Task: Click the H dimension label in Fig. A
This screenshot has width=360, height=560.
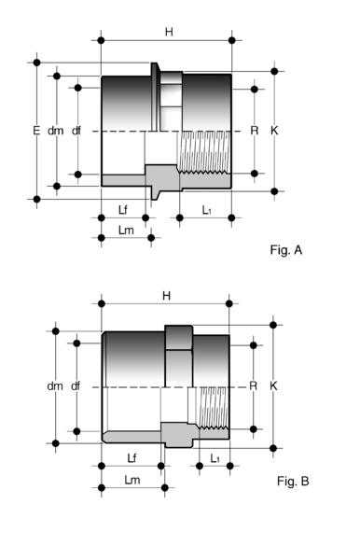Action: click(x=169, y=32)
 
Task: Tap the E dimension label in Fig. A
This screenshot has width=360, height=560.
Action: click(x=36, y=131)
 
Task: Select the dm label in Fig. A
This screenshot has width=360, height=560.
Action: click(x=55, y=131)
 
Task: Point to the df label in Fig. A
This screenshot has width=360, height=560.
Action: click(x=76, y=131)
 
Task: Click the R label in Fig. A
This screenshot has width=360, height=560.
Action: click(x=254, y=131)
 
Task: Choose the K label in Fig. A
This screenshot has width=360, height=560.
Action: click(x=274, y=131)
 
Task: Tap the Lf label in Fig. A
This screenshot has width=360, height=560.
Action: click(x=123, y=210)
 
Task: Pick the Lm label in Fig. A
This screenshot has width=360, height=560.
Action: click(x=126, y=231)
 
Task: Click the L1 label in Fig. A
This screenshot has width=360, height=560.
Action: click(x=207, y=210)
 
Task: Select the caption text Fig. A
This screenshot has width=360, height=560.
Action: click(x=286, y=249)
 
